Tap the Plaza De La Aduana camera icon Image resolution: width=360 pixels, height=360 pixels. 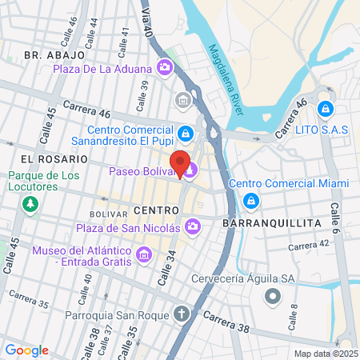point(165,67)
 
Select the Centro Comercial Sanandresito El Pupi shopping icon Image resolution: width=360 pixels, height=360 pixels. point(186,132)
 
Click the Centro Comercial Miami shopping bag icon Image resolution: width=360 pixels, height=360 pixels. point(251,200)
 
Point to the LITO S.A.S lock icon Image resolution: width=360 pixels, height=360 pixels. point(324,108)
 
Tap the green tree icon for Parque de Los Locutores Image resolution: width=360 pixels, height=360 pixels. point(30,204)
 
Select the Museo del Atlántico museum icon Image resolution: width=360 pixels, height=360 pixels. point(144,255)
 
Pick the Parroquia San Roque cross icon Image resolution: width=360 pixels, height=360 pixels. point(182,312)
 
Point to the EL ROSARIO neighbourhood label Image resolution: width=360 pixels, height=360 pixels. point(50,159)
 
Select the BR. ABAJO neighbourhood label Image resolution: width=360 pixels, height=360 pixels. point(54,55)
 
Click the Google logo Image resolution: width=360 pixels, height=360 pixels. point(26,350)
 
